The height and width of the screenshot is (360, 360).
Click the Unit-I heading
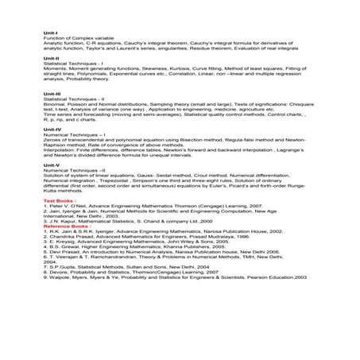[49, 32]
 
